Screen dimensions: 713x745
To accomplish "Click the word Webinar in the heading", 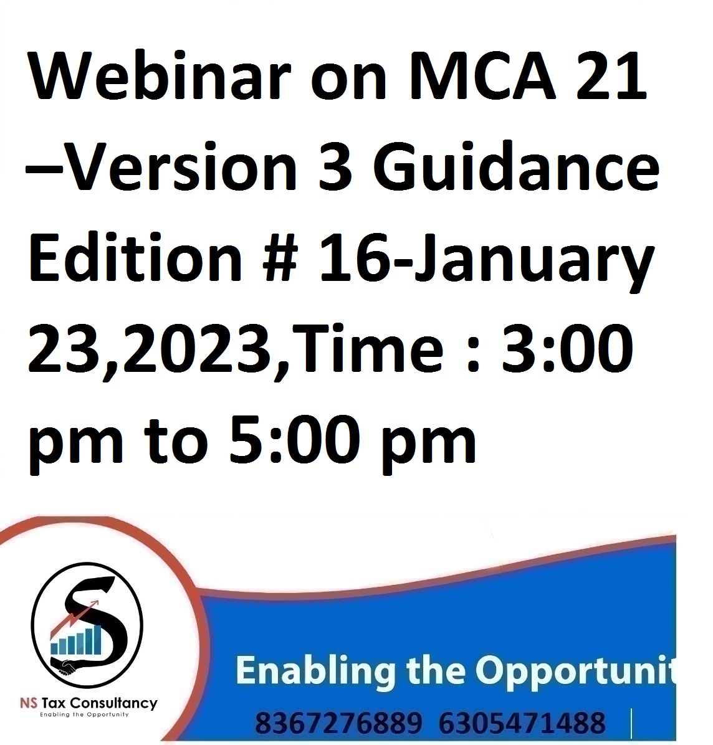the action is point(159,76).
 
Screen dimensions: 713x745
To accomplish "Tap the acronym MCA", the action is point(482,76).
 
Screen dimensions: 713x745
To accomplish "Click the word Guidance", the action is point(516,166).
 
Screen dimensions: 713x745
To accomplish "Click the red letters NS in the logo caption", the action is point(29,703).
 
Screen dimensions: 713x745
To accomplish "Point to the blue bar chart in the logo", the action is point(76,640).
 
